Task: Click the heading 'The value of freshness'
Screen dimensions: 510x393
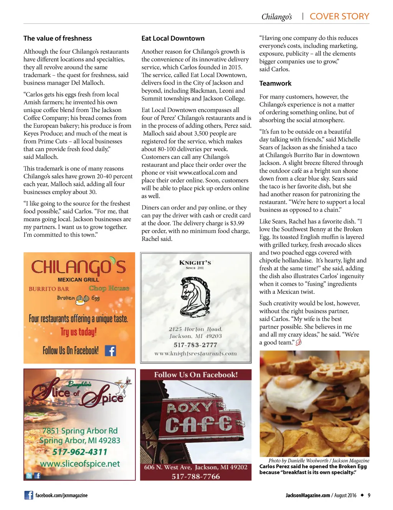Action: [x=58, y=38]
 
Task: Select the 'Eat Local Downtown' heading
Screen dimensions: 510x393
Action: [x=173, y=38]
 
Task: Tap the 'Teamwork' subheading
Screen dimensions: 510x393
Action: [x=275, y=84]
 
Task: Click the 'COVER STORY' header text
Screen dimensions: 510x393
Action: [x=339, y=16]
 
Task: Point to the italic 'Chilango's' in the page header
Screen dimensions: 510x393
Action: [x=276, y=17]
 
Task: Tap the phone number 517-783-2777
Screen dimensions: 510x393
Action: [x=195, y=345]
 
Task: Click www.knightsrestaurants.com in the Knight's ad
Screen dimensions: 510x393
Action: [x=195, y=354]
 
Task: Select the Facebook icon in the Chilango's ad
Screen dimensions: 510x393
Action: [x=111, y=350]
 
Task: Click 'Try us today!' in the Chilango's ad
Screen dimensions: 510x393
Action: [x=78, y=332]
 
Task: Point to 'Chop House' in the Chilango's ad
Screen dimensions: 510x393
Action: [x=109, y=288]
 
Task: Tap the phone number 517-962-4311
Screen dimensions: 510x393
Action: [x=80, y=452]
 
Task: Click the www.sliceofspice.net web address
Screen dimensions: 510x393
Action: [x=80, y=464]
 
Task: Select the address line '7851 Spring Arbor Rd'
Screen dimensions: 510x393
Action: [x=80, y=431]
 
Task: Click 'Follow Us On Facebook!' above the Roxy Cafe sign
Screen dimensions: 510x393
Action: [x=196, y=375]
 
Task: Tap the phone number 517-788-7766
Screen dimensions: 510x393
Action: [x=196, y=477]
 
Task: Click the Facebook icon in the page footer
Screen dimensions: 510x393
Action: [x=28, y=495]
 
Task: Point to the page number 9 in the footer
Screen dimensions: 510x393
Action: [x=369, y=495]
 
